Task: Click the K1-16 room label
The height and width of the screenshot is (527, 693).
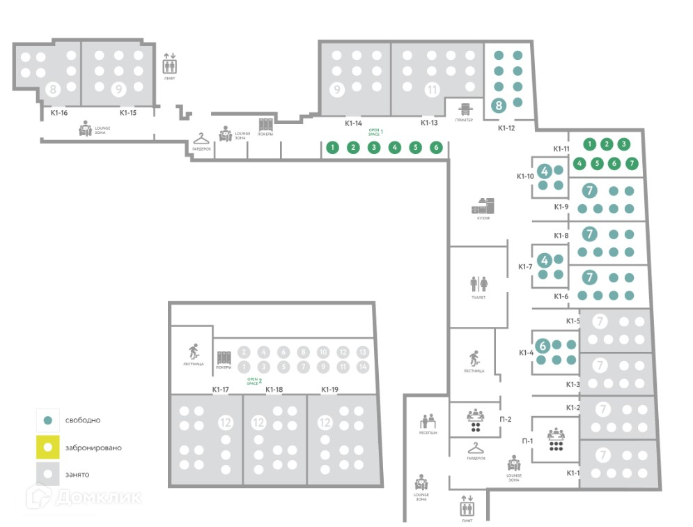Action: click(59, 112)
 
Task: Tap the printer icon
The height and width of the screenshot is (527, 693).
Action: click(465, 108)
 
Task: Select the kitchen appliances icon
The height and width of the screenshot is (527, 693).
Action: click(483, 205)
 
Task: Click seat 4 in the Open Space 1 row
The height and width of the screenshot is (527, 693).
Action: click(395, 147)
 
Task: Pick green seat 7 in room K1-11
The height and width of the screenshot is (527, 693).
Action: click(631, 164)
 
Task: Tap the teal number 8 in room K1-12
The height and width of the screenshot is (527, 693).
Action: click(499, 106)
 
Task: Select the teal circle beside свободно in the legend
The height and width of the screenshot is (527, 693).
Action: click(47, 420)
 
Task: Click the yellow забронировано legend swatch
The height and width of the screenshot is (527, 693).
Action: click(47, 448)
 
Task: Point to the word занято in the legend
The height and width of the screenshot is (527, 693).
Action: click(77, 475)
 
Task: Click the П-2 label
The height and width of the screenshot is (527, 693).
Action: click(506, 419)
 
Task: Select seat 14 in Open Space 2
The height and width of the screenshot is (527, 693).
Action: click(362, 367)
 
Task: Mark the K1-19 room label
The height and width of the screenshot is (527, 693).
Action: click(329, 390)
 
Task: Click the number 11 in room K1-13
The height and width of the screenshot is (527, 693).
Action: click(432, 90)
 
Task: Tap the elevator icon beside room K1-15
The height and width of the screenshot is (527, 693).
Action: click(170, 65)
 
